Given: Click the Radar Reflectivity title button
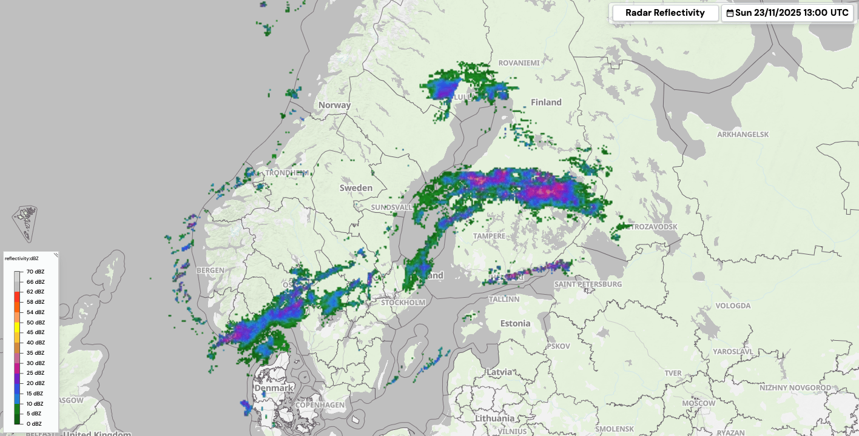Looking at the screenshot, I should [x=665, y=13].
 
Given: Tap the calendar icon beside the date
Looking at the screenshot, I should [x=730, y=13].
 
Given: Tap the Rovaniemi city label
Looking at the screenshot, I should [x=519, y=62].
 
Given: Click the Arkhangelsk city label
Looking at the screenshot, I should [x=743, y=134].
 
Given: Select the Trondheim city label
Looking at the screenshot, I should [x=287, y=173].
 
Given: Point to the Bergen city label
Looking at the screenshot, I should [x=211, y=270].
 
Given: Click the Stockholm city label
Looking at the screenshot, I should [x=403, y=302].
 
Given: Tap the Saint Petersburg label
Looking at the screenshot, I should [x=588, y=284].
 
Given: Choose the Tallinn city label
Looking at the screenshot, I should [x=504, y=299].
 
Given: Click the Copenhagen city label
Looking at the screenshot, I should [x=320, y=404].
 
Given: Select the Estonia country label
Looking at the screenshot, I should [x=515, y=323].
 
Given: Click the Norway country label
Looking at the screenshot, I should [x=334, y=105].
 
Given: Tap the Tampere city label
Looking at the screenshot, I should [x=489, y=235].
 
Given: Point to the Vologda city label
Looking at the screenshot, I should [x=733, y=306].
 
